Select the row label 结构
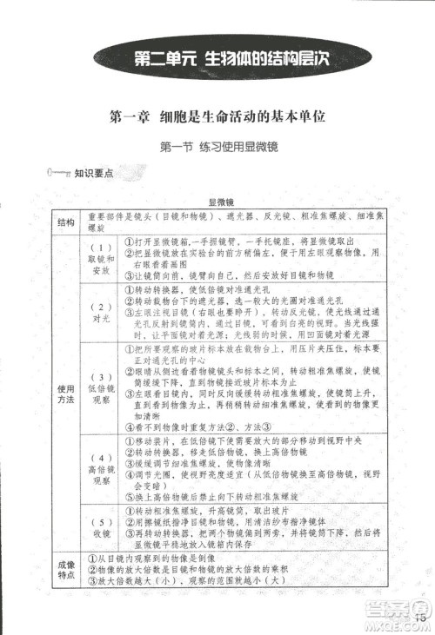[65, 222]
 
